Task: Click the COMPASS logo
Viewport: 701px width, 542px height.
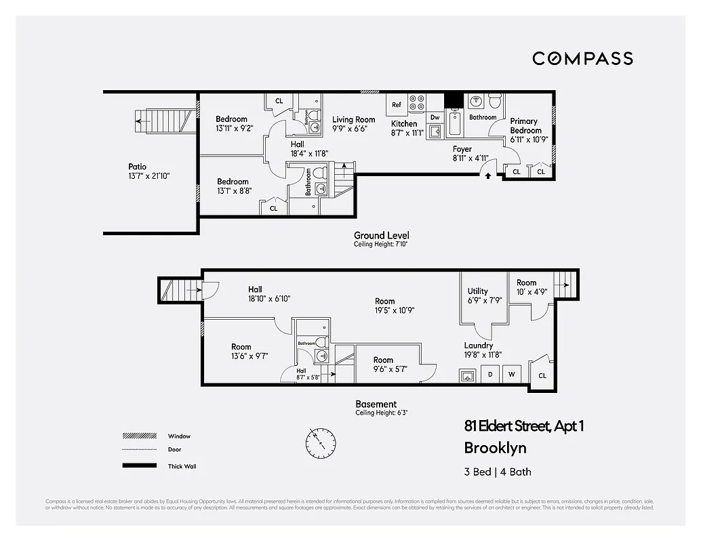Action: coord(582,58)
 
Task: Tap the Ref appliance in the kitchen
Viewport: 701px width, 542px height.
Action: coord(397,105)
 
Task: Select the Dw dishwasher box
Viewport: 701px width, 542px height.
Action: coord(435,117)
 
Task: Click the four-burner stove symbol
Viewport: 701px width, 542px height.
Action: coord(418,102)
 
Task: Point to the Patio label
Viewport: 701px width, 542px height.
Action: coord(137,167)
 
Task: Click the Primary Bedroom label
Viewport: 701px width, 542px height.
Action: coord(525,126)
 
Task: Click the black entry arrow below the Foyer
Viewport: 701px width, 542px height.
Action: coord(487,175)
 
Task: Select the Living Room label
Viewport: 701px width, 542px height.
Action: coord(353,120)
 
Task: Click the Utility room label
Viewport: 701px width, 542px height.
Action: coord(477,291)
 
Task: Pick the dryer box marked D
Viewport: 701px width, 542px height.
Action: coord(489,375)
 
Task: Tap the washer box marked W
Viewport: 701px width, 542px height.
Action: coord(511,375)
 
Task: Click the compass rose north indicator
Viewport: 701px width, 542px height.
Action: coord(319,442)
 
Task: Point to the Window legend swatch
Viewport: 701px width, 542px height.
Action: coord(136,436)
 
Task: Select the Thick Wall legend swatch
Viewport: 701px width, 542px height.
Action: coord(136,466)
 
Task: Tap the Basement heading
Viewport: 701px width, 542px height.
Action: coord(376,404)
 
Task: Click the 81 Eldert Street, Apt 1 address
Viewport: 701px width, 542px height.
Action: coord(523,426)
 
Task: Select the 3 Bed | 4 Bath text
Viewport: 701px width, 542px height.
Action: coord(498,472)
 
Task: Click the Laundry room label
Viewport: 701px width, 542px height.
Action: coord(478,346)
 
